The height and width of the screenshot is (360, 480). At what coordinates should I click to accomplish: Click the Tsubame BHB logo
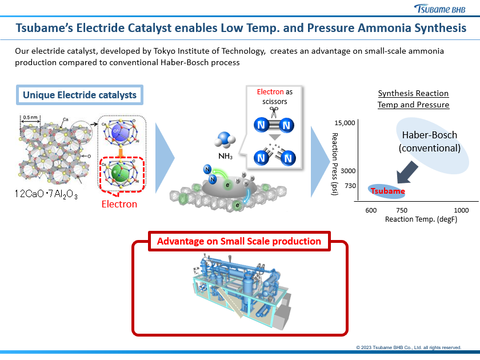point(441,9)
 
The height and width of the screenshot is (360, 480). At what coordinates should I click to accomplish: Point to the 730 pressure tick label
point(350,186)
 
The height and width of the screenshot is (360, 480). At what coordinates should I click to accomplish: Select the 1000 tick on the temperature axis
point(461,210)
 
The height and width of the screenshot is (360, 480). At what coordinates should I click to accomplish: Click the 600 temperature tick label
point(371,210)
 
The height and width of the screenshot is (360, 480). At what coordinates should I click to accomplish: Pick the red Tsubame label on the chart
point(387,191)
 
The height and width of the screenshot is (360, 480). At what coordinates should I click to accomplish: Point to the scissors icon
point(274,111)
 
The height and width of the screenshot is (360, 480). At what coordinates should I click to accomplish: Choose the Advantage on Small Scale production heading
point(239,241)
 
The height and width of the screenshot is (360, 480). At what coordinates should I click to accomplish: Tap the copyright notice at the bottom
point(408,347)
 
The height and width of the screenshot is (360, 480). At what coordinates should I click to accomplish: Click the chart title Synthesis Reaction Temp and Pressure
point(413,99)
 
